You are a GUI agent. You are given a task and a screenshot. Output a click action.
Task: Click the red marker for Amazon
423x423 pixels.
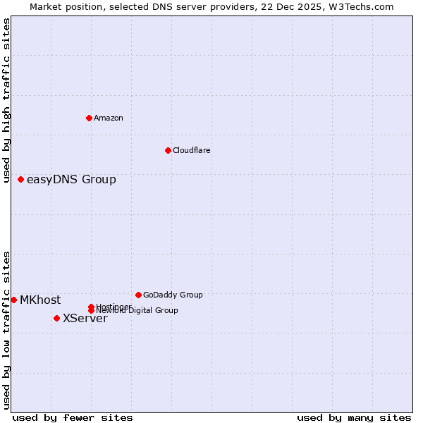89,118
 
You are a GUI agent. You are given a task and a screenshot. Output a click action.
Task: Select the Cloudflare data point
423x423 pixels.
168,150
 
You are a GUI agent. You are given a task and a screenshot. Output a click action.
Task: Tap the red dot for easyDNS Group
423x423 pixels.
20,179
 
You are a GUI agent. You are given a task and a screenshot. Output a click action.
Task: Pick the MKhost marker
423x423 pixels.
13,300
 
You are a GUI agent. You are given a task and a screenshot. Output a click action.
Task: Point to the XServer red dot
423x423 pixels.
56,318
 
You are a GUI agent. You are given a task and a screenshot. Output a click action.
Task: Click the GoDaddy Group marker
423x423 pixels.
138,295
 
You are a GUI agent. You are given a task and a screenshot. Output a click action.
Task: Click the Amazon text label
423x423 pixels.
109,118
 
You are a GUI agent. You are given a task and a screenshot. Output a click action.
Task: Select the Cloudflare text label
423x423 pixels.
192,150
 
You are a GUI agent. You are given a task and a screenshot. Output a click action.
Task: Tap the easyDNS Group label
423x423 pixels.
71,179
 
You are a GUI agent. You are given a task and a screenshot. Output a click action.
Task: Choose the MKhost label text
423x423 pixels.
40,300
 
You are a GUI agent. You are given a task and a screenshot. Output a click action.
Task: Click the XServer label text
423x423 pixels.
85,318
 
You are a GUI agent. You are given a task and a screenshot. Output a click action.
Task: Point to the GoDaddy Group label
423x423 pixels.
173,295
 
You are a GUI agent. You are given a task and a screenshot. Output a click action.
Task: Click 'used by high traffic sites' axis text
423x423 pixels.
6,101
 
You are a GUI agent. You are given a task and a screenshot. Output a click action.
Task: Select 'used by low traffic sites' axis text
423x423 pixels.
6,329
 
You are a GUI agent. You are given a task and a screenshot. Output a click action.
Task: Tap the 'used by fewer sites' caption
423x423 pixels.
73,417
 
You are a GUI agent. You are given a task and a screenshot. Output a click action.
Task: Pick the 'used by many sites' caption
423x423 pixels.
354,417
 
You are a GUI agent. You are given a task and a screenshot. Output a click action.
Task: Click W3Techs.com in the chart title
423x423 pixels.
362,6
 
